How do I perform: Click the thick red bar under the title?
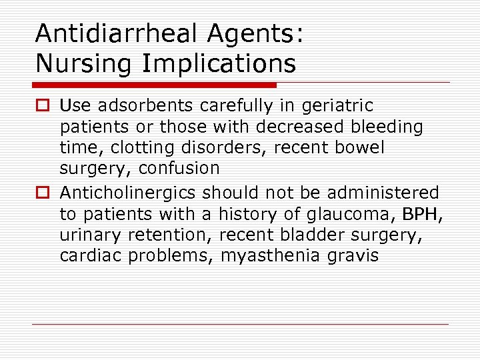tap(154, 85)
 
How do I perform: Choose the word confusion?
tap(179, 169)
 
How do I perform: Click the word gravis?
tap(353, 256)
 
